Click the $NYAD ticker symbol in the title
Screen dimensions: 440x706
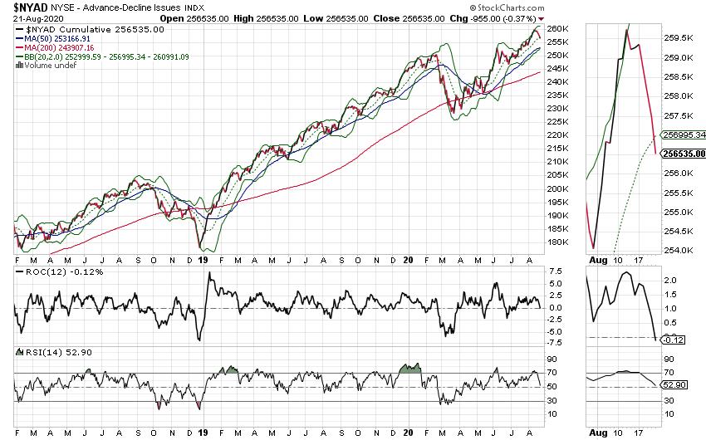30,7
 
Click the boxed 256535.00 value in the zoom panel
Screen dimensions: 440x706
684,154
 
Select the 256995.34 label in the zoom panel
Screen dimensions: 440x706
684,134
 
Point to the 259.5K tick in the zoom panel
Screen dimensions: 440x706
682,38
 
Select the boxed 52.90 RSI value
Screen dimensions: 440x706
674,385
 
